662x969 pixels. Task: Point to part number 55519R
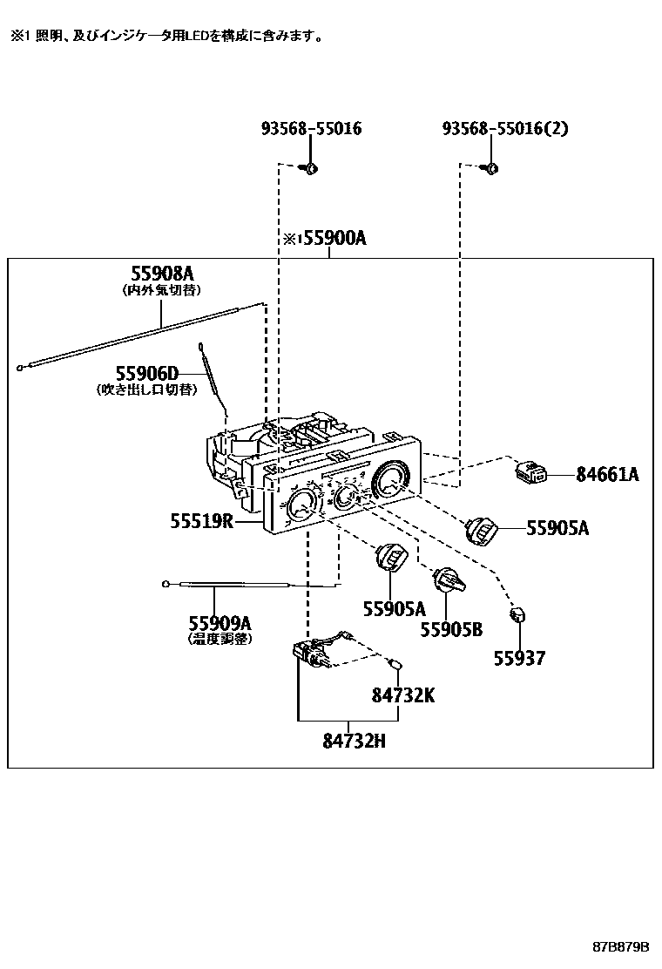(201, 521)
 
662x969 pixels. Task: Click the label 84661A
(607, 474)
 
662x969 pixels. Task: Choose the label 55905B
(451, 628)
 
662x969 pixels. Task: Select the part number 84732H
(354, 742)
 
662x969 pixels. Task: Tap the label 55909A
(220, 622)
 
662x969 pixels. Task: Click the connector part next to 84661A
(530, 472)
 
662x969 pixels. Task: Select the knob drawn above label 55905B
(447, 579)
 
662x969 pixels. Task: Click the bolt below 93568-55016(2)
(490, 167)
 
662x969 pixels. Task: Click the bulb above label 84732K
(398, 665)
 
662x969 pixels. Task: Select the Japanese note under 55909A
(220, 638)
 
